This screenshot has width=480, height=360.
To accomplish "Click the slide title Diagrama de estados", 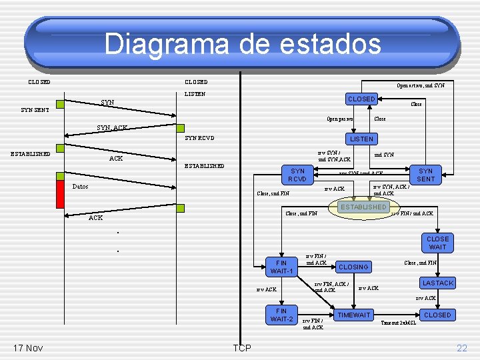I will (x=243, y=45).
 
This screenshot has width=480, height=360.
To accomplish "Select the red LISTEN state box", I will (x=362, y=139).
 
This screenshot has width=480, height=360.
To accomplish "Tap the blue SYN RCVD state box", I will (x=297, y=175).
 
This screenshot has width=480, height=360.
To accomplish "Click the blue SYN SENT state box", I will (x=425, y=175).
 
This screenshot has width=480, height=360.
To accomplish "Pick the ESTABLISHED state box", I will (x=363, y=207).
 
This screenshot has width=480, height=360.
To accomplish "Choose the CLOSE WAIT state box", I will (x=437, y=243).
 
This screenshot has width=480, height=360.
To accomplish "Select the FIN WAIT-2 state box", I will (x=281, y=315).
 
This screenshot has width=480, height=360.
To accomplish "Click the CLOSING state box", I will (x=353, y=267).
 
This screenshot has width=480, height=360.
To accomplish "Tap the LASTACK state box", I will (x=437, y=283).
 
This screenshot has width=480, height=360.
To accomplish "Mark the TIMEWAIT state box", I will (x=354, y=315).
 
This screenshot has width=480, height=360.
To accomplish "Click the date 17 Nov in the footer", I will (x=27, y=348).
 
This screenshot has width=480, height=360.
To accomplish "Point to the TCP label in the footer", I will (x=242, y=348).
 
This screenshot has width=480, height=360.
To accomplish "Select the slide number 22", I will (x=462, y=348).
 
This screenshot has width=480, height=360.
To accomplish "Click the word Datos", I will (x=80, y=187).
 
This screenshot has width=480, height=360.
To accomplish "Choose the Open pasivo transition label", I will (x=340, y=119).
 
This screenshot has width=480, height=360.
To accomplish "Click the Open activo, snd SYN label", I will (x=421, y=85).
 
